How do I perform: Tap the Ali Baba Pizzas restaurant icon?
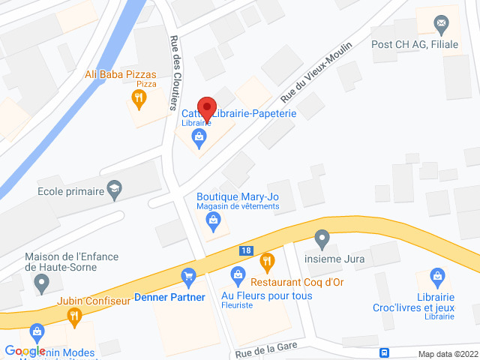(138, 97)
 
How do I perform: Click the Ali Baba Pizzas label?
(121, 74)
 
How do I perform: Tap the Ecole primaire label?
(70, 191)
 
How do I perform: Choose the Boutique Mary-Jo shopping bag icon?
(214, 220)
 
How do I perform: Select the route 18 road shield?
(246, 250)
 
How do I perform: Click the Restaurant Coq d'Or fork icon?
(267, 262)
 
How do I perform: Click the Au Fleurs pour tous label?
(266, 296)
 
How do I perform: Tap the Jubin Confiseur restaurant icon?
(73, 316)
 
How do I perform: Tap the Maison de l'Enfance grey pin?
(41, 283)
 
